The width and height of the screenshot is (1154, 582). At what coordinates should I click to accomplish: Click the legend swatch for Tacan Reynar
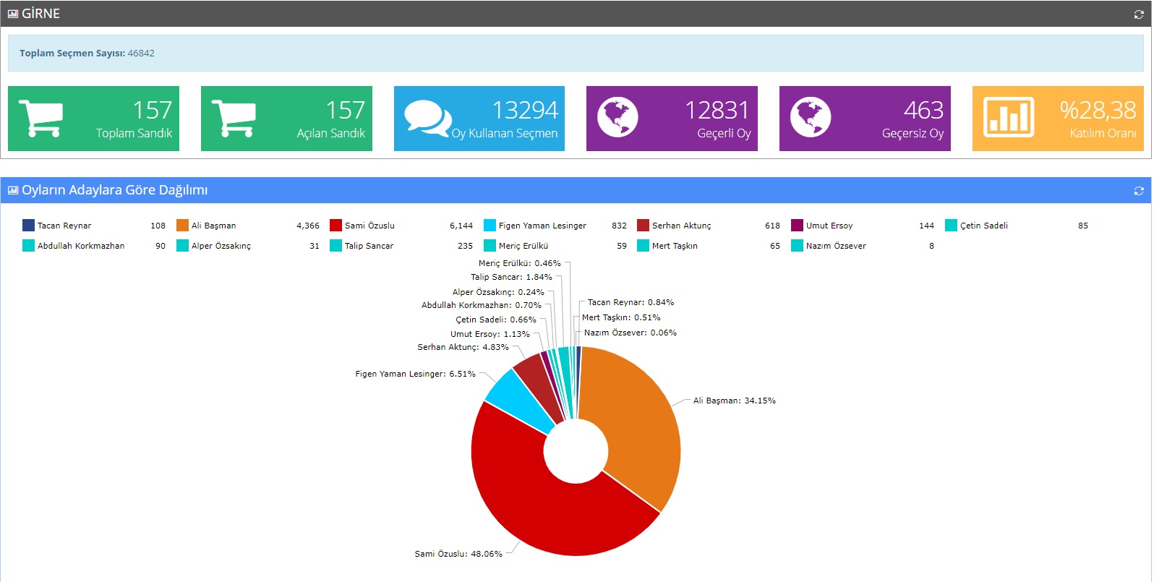(x=28, y=226)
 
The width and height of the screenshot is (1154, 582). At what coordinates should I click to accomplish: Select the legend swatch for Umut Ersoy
(x=797, y=226)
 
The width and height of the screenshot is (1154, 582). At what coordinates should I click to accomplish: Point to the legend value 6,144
(x=461, y=226)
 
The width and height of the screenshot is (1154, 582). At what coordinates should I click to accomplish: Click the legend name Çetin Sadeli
(x=983, y=226)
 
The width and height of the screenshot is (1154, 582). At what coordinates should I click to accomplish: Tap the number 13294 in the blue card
(x=525, y=110)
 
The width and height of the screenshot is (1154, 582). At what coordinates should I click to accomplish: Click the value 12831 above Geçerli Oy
(x=717, y=110)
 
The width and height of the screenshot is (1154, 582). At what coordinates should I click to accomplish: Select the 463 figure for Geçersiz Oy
(x=923, y=110)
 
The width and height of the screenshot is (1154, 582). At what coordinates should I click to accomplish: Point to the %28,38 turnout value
(x=1098, y=110)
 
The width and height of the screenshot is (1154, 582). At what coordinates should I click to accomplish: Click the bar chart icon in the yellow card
(x=1009, y=117)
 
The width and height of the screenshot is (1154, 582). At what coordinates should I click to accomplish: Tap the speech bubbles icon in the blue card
(x=427, y=118)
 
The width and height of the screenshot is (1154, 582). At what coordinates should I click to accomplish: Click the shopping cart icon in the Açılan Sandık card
(x=234, y=118)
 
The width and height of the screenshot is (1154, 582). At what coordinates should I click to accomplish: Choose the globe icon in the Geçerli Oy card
(x=617, y=117)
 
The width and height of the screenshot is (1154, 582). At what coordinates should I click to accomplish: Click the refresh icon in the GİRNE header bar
(x=1139, y=14)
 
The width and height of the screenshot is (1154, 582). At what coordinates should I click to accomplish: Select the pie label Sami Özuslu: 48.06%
(x=458, y=554)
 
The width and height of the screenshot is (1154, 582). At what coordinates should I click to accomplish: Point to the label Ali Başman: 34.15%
(x=734, y=401)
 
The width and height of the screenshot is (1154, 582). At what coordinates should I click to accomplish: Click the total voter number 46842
(x=141, y=54)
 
